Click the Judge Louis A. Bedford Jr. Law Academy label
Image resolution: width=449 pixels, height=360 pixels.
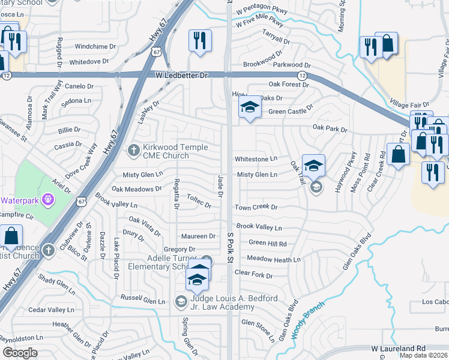click(222, 302)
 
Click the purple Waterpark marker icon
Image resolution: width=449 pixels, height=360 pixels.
click(49, 199)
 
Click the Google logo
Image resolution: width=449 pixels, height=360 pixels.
click(20, 353)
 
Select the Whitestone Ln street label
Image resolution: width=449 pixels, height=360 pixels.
click(256, 159)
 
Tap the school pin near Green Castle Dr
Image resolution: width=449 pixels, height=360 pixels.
click(249, 108)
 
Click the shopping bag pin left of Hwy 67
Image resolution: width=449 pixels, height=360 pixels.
click(11, 236)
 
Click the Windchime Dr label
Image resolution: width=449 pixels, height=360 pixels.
click(95, 46)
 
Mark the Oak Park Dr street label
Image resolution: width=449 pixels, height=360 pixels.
click(330, 128)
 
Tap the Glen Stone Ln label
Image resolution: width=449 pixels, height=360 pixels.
click(258, 323)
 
